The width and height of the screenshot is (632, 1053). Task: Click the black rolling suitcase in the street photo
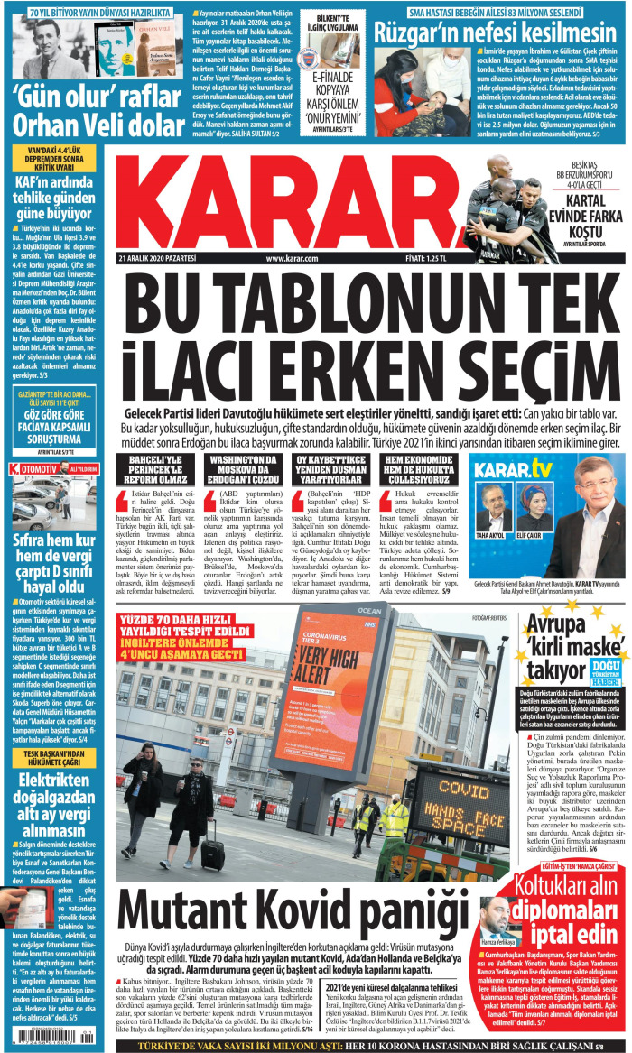[x=213, y=853]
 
